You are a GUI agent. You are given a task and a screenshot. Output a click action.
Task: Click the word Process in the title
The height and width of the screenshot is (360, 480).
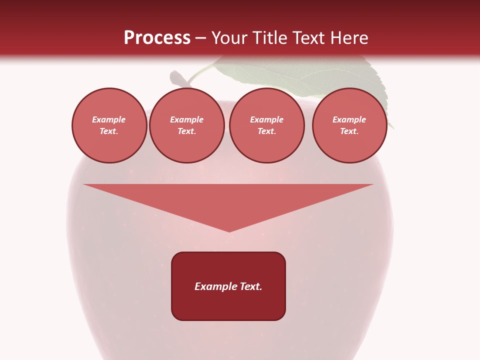point(157,37)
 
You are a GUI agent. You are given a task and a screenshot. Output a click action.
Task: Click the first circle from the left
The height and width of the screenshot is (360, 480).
point(109,125)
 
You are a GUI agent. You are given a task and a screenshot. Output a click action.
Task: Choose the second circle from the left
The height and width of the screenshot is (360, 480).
point(187,125)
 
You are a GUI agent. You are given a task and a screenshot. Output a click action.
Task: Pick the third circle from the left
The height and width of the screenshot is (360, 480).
point(267,125)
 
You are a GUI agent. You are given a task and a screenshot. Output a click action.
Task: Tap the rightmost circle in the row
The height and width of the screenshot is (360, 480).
point(349,125)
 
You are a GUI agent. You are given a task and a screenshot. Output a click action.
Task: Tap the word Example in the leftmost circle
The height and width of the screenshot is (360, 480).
point(109,119)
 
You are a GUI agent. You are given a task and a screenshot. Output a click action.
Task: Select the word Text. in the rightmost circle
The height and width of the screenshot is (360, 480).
point(349,131)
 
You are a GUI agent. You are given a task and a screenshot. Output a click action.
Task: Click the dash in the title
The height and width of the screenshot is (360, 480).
point(200,38)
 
